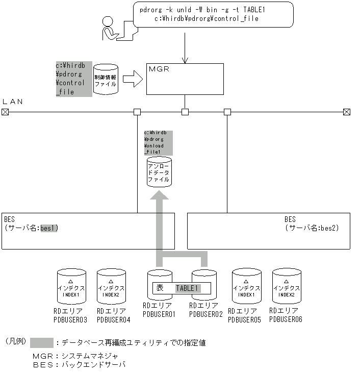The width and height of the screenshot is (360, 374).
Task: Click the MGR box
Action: tap(185, 79)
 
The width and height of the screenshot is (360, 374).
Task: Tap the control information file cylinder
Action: tap(106, 79)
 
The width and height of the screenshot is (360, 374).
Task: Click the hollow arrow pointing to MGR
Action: tap(133, 79)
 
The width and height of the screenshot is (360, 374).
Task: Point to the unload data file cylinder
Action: tap(159, 172)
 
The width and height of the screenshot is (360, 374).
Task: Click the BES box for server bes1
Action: tap(88, 231)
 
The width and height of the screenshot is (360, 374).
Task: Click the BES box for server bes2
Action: tap(269, 231)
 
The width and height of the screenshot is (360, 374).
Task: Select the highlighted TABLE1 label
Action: tap(187, 288)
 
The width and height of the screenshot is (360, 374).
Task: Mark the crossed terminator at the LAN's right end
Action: tap(347, 112)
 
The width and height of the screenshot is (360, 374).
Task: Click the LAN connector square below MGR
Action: tap(185, 112)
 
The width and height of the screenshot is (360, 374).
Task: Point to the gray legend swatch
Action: tap(42, 342)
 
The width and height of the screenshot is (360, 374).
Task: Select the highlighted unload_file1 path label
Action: tap(158, 142)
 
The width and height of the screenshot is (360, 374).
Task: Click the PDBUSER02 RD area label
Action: tap(205, 310)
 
